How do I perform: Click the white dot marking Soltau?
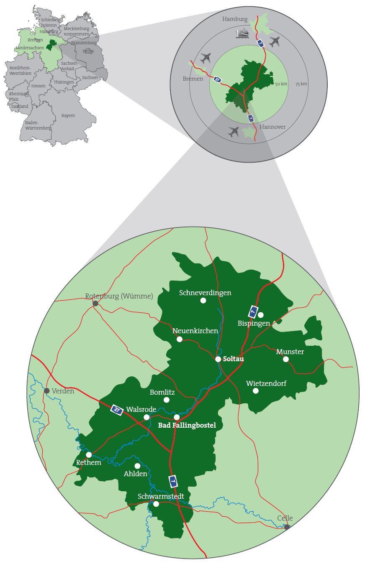(x=218, y=359)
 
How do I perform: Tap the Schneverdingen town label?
(x=205, y=293)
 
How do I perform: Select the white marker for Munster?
(x=286, y=359)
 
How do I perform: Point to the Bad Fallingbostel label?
(x=187, y=426)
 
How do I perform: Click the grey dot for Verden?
(x=47, y=391)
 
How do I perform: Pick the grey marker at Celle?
(x=287, y=527)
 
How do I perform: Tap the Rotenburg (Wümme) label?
(x=119, y=296)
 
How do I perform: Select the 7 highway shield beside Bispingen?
(x=253, y=311)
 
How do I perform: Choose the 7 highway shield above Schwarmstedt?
(x=173, y=481)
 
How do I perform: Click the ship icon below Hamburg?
(x=243, y=33)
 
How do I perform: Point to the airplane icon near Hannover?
(x=234, y=132)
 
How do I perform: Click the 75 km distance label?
(x=301, y=84)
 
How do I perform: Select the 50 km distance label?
(x=281, y=84)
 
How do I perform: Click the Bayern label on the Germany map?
(x=68, y=115)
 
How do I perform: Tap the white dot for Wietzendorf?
(x=256, y=391)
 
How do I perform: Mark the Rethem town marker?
(x=89, y=454)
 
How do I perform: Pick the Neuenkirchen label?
(x=195, y=331)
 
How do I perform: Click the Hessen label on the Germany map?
(x=39, y=86)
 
